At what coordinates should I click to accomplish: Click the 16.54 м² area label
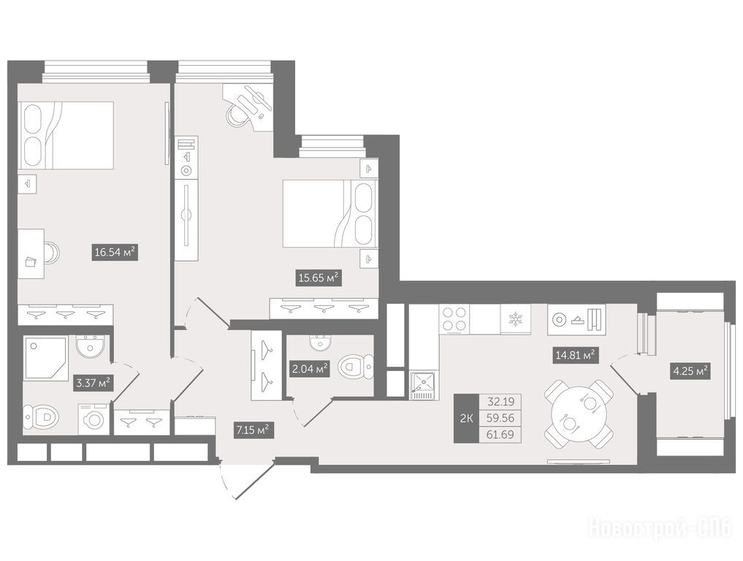click(115, 252)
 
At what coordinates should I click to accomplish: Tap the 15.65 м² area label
click(319, 278)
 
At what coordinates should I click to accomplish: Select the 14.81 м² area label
click(575, 355)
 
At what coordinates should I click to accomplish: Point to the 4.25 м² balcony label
click(690, 371)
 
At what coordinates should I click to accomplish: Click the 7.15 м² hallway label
click(253, 430)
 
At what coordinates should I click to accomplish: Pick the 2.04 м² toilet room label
click(310, 369)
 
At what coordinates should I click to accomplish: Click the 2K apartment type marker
click(466, 419)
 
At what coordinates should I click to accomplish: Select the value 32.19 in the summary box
click(501, 402)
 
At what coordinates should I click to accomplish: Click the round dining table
click(579, 414)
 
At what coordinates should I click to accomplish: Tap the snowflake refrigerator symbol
click(514, 318)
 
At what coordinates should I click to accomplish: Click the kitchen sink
click(422, 385)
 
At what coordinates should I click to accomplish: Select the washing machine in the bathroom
click(94, 419)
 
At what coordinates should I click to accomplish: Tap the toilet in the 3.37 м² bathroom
click(42, 417)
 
